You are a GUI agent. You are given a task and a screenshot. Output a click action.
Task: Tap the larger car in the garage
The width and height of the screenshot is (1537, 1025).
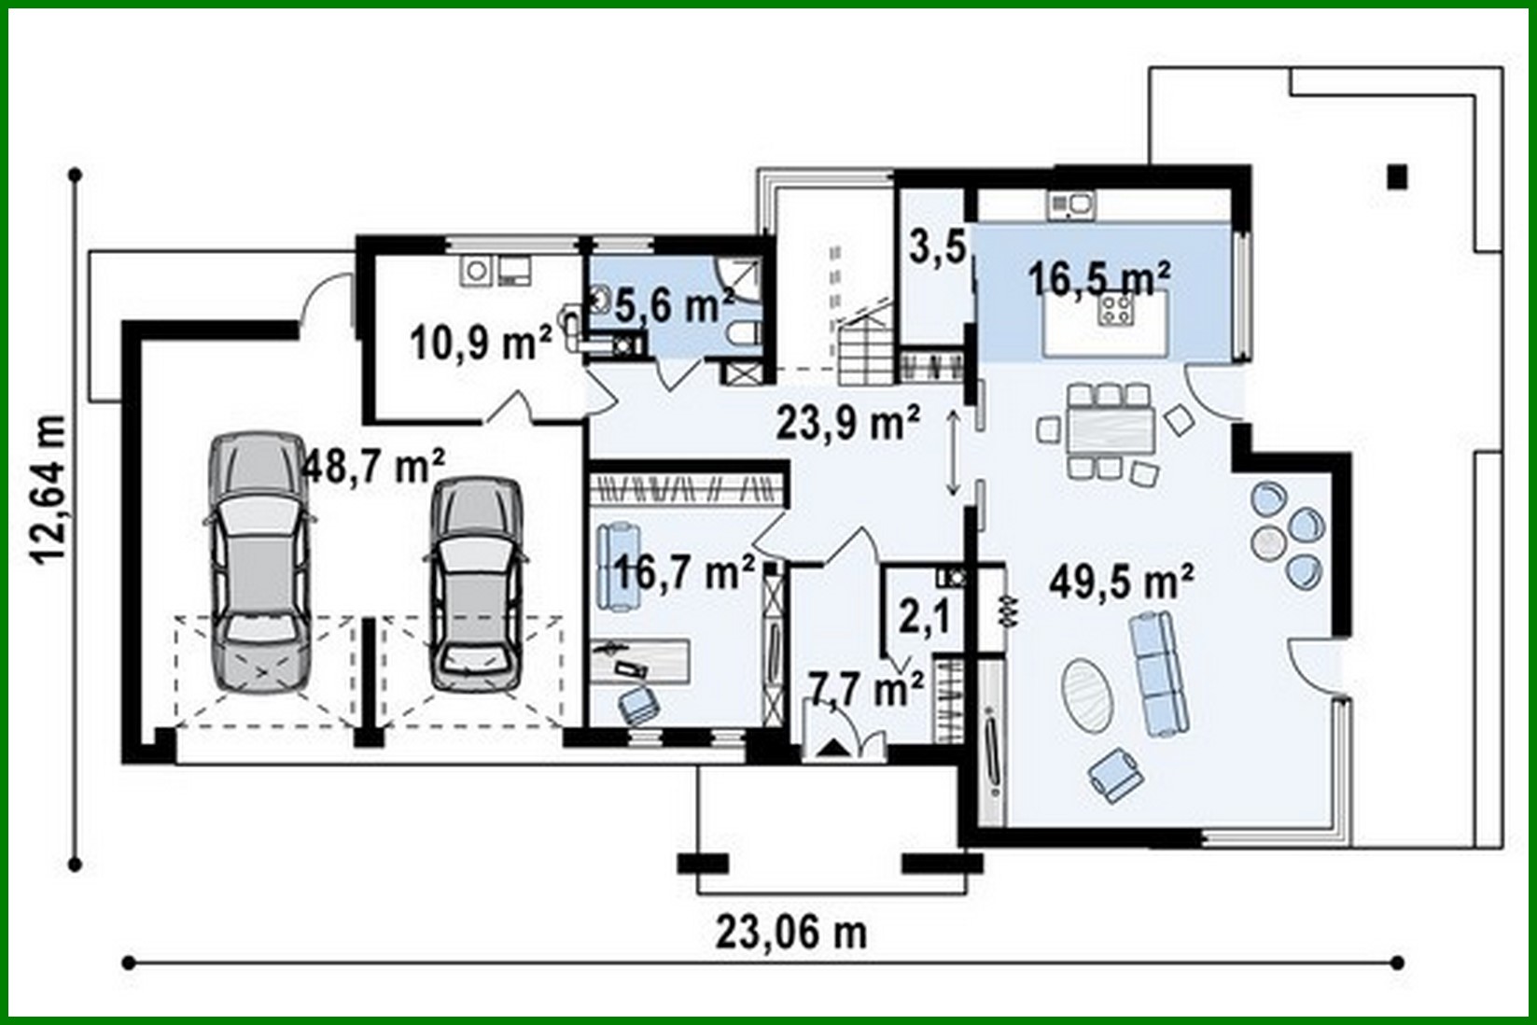point(255,562)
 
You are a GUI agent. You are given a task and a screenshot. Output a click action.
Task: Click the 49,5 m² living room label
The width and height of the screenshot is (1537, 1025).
point(1121,582)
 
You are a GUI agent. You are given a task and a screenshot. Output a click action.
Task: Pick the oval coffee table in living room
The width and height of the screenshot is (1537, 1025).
point(1088,695)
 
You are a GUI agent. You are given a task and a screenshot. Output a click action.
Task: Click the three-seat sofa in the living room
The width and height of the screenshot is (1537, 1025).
point(1159,671)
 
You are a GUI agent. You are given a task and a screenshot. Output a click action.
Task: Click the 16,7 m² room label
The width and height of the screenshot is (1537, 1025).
point(684,571)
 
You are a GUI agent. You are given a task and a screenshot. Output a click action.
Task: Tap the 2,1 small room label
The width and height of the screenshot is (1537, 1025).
point(925,617)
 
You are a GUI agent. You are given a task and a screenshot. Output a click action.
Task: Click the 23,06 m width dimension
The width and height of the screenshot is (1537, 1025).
point(791,931)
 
